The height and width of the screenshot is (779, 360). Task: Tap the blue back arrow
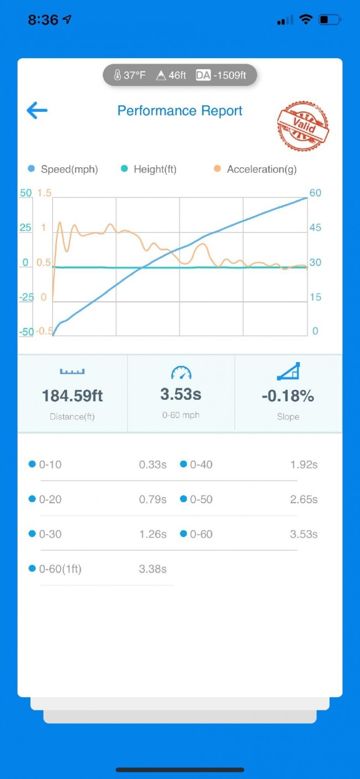point(37,110)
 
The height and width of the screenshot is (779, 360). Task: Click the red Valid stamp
point(303,126)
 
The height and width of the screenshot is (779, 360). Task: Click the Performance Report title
point(180,111)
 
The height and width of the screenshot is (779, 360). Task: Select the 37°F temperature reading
point(130,75)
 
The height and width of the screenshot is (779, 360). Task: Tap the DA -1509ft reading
point(221,75)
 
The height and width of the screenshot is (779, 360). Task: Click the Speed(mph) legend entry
point(63,169)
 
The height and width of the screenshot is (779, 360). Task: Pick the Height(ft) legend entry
point(149,169)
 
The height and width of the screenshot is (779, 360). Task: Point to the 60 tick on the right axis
point(315,193)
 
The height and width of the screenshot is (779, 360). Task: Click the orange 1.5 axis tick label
point(44,193)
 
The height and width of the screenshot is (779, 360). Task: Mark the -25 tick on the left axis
point(27,297)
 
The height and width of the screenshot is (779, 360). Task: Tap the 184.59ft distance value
point(73,396)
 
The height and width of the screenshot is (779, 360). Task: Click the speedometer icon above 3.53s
point(181,373)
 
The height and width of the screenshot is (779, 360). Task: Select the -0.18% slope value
point(288,396)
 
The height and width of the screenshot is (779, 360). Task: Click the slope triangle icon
point(288,372)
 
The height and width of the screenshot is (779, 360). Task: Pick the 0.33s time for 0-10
point(152,465)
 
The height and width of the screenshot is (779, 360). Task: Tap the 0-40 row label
point(200,465)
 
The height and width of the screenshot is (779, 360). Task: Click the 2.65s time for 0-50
point(304,499)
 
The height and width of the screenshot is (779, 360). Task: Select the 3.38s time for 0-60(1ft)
point(152,569)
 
